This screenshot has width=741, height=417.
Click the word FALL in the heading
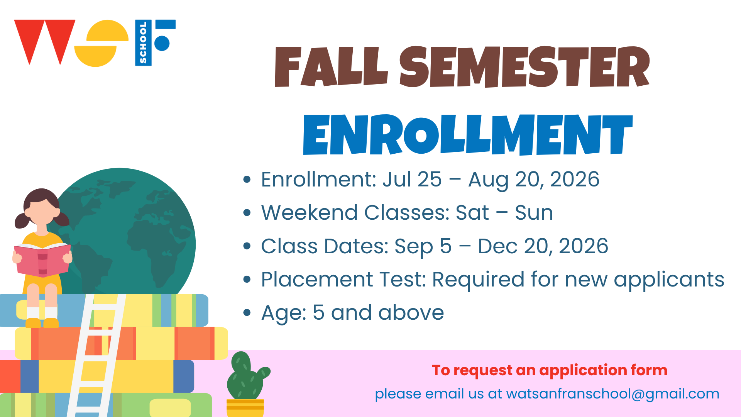tap(331, 66)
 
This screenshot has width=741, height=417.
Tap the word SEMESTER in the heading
tap(524, 66)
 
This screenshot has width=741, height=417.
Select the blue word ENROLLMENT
tap(468, 135)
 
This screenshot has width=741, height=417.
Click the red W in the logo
tap(45, 42)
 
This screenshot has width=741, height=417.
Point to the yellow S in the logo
tap(101, 43)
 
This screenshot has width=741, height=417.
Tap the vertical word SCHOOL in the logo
tap(143, 42)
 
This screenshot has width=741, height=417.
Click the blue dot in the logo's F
tap(162, 43)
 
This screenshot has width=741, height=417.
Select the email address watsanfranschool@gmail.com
tap(613, 394)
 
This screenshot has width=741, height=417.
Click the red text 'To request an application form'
tap(550, 370)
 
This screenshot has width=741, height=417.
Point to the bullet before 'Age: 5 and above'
tap(247, 312)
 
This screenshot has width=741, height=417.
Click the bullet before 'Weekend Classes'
tap(247, 212)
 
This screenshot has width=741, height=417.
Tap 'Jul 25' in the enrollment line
tap(412, 179)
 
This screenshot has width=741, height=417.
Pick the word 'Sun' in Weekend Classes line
tap(534, 212)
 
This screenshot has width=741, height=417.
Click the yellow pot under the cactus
tap(245, 408)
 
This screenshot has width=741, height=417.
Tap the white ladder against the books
tap(97, 355)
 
